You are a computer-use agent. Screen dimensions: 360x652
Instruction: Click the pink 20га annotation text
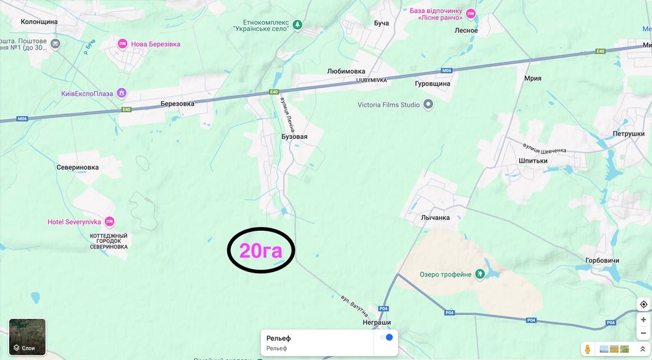261,251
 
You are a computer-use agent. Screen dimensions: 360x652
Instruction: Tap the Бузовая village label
294,137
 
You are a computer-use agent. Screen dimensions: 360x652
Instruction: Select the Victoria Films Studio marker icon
428,104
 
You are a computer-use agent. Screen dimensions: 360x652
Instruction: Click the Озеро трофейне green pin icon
480,275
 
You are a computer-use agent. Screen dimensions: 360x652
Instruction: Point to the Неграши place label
377,322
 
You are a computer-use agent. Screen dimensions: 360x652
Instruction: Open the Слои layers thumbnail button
27,337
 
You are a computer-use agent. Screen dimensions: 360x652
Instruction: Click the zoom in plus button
644,320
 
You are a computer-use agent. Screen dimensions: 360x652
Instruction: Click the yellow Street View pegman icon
588,350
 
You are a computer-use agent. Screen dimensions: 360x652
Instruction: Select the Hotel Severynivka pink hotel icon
110,222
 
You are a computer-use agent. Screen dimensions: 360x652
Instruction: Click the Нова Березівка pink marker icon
122,44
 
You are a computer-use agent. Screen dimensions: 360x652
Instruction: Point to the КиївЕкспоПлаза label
87,93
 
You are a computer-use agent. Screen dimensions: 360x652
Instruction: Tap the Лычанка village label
436,218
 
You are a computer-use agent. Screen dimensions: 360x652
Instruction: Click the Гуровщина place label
433,83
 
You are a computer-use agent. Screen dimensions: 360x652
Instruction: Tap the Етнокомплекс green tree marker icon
298,25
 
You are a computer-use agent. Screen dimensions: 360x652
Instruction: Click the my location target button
644,305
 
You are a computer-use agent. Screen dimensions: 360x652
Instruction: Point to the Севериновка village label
78,167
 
